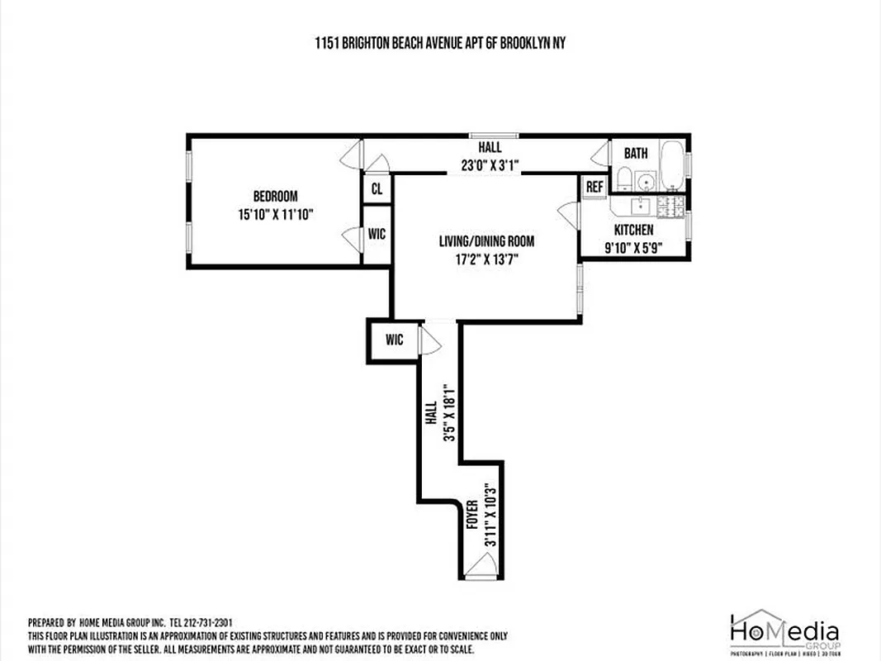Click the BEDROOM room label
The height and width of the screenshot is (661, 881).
point(275,197)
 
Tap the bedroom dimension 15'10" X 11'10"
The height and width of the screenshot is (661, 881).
point(275,214)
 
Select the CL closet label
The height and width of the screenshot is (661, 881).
point(377,189)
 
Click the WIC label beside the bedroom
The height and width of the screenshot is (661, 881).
point(377,235)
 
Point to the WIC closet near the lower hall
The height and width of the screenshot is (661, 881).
point(394,340)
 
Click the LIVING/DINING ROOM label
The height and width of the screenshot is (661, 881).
point(486,242)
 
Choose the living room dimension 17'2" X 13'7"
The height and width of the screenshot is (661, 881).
point(486,259)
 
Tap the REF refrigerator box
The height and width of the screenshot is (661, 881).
point(594,188)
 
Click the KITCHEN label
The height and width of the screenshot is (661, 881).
point(633,230)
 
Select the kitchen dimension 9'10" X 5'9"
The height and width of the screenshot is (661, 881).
point(633,247)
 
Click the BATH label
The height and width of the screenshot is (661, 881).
point(636,154)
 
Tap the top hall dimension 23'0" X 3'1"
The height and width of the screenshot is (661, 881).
point(490,164)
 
